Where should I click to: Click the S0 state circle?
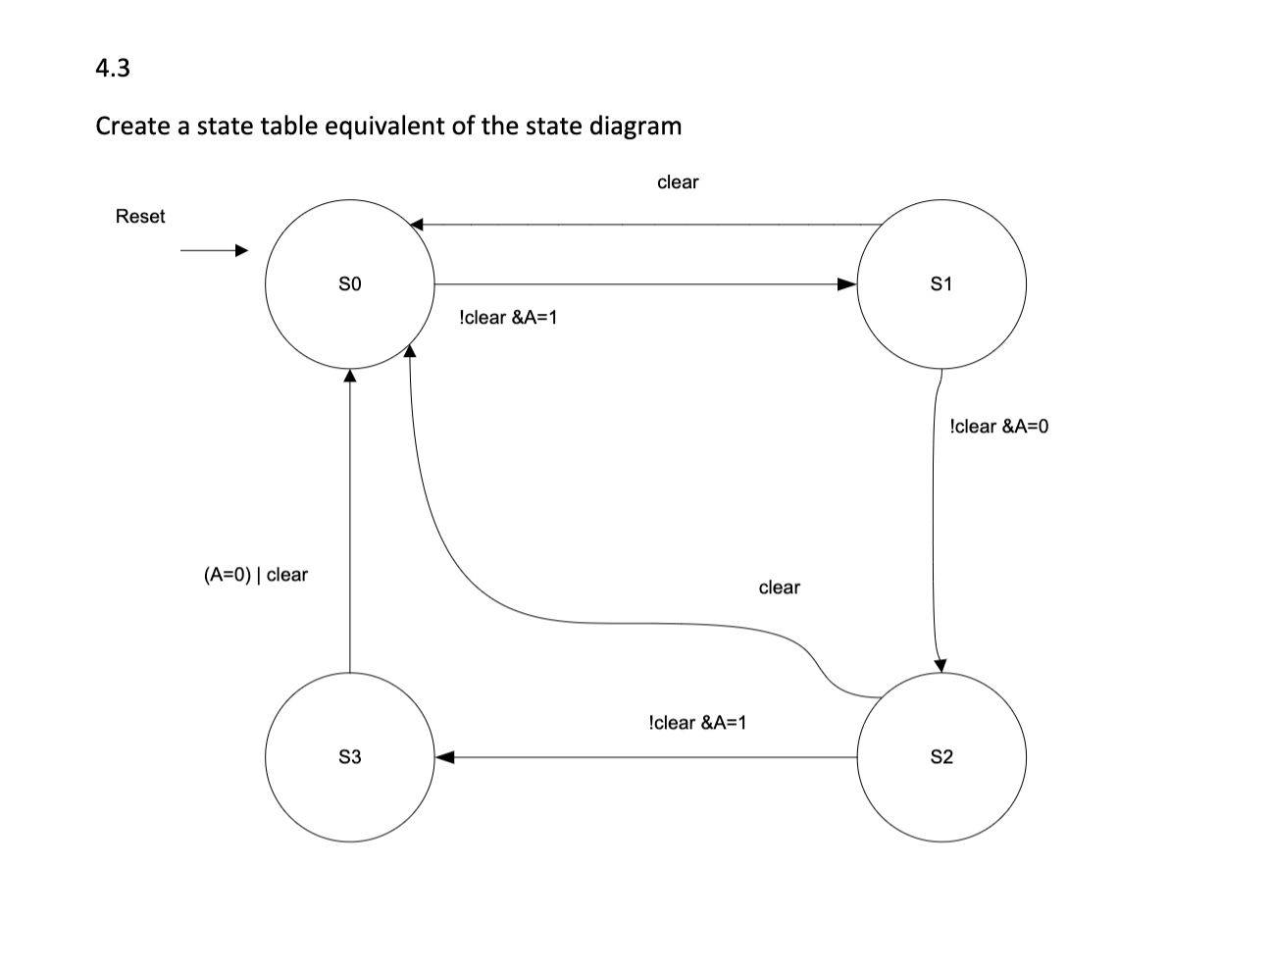point(350,284)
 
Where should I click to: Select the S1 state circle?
point(941,284)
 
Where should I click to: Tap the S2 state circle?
point(941,757)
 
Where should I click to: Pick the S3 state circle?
point(350,757)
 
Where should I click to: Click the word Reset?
point(140,217)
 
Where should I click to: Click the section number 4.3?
point(113,69)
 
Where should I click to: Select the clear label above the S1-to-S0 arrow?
point(678,182)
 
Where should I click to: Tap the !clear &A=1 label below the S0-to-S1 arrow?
point(508,318)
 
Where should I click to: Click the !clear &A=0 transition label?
point(999,427)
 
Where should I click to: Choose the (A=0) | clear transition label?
point(255,575)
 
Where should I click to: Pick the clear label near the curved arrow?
point(780,588)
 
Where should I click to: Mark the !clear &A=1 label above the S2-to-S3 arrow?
point(697,723)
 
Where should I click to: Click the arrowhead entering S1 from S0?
point(846,284)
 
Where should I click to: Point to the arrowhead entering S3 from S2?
point(446,757)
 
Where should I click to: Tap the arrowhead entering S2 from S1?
point(940,664)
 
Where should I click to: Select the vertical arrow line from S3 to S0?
point(350,520)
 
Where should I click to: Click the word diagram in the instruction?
point(638,127)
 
